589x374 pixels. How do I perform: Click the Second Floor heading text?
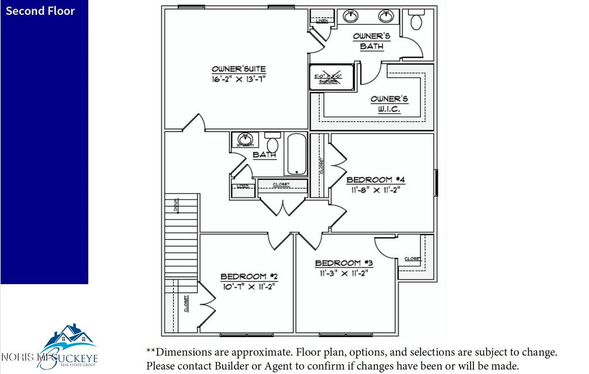click(x=40, y=11)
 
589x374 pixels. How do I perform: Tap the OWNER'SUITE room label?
click(x=239, y=69)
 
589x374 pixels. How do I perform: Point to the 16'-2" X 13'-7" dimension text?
click(x=238, y=79)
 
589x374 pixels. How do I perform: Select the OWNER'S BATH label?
click(x=372, y=41)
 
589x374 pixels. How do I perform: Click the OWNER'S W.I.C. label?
click(x=389, y=104)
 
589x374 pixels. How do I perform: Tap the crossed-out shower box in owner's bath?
click(x=326, y=77)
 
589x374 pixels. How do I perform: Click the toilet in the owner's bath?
click(x=416, y=21)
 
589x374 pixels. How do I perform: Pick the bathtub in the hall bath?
click(x=296, y=154)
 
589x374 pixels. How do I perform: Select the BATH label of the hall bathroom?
click(x=264, y=155)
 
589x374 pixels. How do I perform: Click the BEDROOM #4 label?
click(x=376, y=180)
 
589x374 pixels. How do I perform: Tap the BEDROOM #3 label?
click(x=344, y=263)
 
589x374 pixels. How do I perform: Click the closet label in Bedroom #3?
click(x=412, y=258)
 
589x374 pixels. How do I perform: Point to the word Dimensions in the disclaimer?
click(x=184, y=352)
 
